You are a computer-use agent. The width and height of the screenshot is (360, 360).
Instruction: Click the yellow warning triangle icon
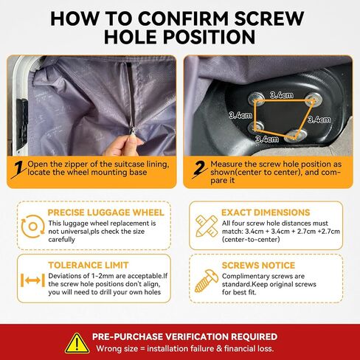77,344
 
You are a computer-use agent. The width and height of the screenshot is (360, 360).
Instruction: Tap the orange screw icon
207,281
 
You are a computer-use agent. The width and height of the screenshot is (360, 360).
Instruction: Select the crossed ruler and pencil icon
207,226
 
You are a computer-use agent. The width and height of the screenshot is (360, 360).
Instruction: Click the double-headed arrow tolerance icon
32,280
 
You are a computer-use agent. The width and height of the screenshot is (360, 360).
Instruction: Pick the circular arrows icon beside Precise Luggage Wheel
32,226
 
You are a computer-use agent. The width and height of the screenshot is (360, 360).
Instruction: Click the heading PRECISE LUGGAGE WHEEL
105,212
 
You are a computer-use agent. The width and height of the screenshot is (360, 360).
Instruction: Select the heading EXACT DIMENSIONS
266,212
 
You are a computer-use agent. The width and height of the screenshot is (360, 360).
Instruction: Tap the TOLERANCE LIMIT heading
89,265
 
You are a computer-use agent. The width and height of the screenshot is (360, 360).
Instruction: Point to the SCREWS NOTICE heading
258,266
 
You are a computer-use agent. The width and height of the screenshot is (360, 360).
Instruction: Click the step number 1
18,170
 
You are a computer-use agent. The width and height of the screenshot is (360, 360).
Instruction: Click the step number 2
199,169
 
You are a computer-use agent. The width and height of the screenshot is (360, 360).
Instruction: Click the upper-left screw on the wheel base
256,99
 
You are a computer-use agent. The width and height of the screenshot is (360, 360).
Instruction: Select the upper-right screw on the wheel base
314,100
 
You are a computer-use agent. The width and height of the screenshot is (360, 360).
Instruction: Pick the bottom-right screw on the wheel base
296,135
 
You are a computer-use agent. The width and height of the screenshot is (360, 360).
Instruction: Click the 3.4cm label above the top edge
282,95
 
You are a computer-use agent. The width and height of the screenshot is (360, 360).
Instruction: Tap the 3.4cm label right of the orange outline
319,120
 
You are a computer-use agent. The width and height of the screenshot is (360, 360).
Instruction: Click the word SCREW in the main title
269,18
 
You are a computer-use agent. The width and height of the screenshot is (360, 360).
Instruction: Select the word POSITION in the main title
209,37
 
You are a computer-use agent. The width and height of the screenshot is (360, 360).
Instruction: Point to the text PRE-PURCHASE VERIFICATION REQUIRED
184,336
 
